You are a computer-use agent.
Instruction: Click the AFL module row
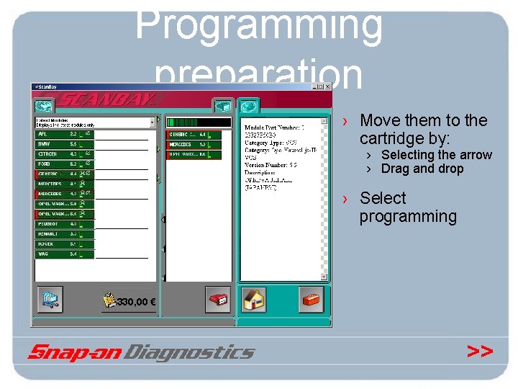64,134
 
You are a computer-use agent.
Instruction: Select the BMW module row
64,144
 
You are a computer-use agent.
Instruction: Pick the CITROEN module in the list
64,154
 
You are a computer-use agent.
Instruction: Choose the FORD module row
64,164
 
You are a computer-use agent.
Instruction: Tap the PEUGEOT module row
64,224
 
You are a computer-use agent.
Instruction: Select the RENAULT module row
64,234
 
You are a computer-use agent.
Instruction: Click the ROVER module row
64,244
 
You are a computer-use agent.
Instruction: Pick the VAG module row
64,254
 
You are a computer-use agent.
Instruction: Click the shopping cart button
50,299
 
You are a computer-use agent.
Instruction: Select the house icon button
253,299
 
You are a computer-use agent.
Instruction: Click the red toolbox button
312,298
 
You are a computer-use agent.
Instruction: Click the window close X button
327,87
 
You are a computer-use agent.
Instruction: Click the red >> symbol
479,352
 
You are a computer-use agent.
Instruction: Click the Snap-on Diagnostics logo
142,352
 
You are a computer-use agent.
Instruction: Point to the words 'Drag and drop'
422,169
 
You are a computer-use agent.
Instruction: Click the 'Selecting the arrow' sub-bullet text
436,155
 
